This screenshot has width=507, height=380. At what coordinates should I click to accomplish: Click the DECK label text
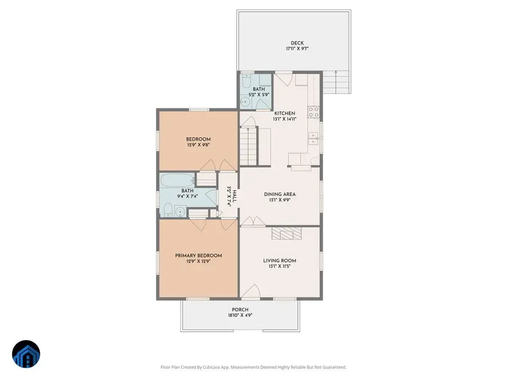click(x=296, y=43)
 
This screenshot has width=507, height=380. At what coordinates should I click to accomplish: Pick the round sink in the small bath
click(x=246, y=102)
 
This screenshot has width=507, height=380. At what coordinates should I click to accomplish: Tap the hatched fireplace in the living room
click(x=287, y=234)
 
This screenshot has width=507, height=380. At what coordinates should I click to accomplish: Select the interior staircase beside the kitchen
click(x=248, y=146)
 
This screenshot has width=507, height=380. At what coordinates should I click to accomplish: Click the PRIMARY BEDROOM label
click(x=198, y=256)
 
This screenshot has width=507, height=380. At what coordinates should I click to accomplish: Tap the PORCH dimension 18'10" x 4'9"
click(x=240, y=316)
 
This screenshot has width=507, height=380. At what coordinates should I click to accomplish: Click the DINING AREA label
click(x=280, y=195)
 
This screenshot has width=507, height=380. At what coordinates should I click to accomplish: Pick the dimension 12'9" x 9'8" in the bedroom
click(x=198, y=145)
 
